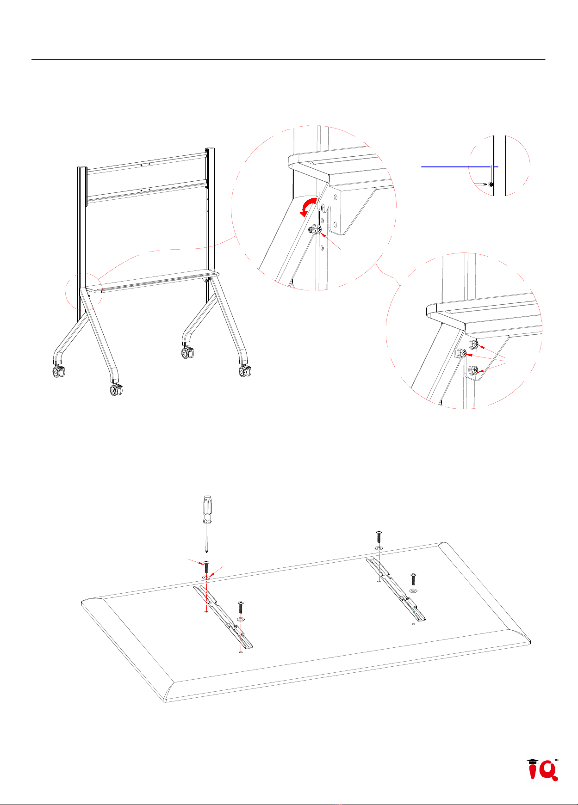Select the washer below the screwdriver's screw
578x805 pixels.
206,577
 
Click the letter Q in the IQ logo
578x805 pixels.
548,772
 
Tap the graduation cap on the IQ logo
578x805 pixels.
533,762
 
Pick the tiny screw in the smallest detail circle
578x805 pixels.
491,184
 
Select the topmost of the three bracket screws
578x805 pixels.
473,344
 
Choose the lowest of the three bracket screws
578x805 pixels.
473,370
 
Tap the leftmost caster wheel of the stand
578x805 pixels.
58,371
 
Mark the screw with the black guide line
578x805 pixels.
379,537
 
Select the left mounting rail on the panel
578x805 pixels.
224,617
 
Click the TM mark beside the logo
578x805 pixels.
556,759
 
